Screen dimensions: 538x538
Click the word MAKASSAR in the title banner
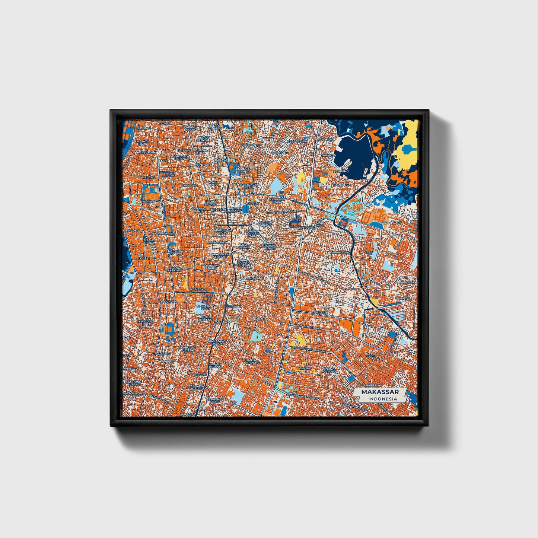pyautogui.click(x=380, y=392)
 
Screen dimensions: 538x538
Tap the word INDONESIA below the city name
pyautogui.click(x=382, y=399)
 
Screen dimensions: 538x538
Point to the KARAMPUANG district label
pyautogui.click(x=391, y=223)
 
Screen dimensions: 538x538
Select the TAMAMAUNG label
pyautogui.click(x=341, y=252)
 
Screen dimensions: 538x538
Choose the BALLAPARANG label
pyautogui.click(x=252, y=278)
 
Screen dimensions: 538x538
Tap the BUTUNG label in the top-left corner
pyautogui.click(x=143, y=128)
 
